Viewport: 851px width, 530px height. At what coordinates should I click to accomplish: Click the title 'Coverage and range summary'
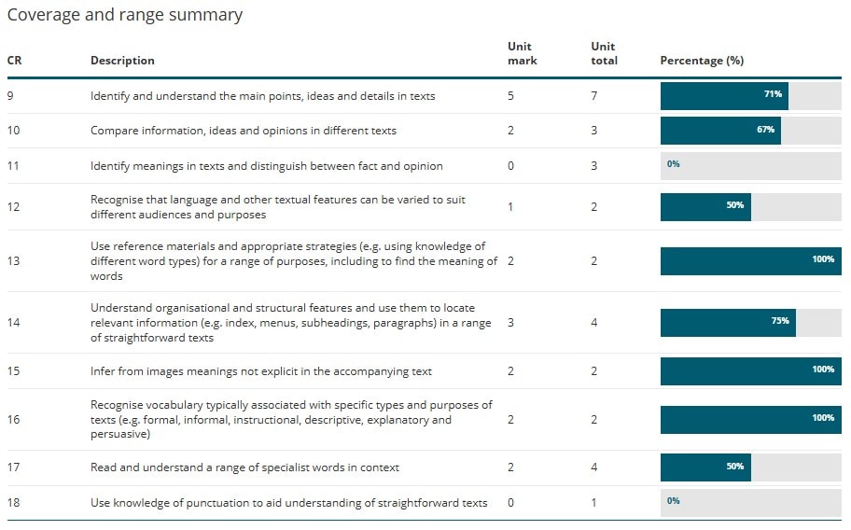[x=125, y=15]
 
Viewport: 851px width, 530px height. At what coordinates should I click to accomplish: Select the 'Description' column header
[x=122, y=61]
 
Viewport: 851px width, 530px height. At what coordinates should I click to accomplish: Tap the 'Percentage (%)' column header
[x=702, y=61]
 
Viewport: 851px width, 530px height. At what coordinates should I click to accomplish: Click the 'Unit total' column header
[x=604, y=53]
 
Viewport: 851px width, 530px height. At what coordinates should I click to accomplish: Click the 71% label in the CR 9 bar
[x=773, y=95]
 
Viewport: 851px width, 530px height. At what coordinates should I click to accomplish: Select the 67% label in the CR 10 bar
[x=765, y=130]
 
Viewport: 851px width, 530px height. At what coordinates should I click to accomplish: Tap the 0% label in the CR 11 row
[x=673, y=164]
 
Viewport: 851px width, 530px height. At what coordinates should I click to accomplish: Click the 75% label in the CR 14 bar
[x=780, y=321]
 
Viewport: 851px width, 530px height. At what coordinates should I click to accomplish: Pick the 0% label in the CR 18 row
[x=673, y=501]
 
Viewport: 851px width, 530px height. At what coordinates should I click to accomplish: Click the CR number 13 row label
[x=14, y=260]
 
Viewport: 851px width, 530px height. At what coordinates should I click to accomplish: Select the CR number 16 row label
[x=14, y=420]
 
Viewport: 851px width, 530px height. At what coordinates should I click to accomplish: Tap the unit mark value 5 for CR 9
[x=510, y=95]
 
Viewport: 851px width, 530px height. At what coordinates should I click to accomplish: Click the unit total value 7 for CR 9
[x=594, y=95]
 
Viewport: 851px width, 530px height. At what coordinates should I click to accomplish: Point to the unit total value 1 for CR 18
[x=594, y=503]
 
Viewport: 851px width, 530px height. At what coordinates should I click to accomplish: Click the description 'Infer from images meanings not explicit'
[x=260, y=371]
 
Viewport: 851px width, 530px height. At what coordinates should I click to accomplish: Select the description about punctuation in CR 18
[x=288, y=503]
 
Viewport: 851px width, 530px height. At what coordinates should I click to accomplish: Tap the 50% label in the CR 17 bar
[x=735, y=467]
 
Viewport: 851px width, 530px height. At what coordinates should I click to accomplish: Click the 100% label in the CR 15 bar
[x=823, y=370]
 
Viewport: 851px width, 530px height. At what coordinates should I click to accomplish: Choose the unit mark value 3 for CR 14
[x=510, y=322]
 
